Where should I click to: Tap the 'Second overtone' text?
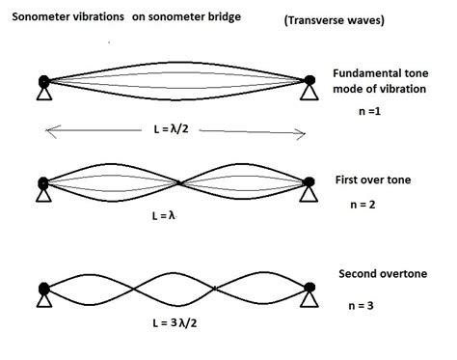click(x=383, y=273)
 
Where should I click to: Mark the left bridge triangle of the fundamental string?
click(x=43, y=95)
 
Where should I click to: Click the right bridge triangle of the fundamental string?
click(x=308, y=95)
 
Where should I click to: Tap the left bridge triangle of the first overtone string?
click(x=43, y=196)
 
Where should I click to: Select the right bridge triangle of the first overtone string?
click(x=308, y=196)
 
